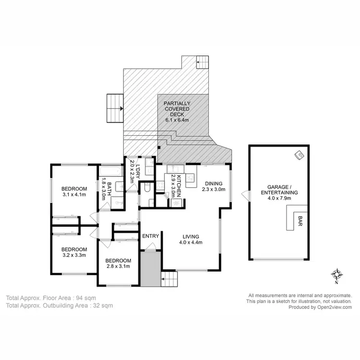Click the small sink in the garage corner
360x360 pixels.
[299, 155]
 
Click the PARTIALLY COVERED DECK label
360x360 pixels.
[177, 109]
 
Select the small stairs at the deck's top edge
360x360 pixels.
[203, 63]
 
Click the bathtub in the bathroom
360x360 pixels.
[111, 171]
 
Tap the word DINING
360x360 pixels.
[214, 183]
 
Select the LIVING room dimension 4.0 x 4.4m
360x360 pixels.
[191, 242]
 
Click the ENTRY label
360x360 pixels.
[151, 236]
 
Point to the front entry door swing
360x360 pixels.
[151, 247]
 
